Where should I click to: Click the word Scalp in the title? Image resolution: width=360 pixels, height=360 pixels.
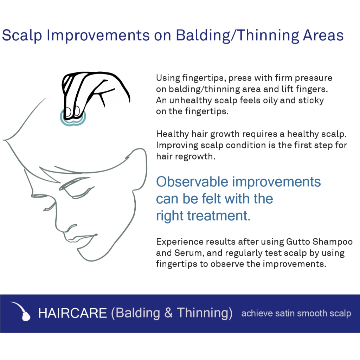(22, 36)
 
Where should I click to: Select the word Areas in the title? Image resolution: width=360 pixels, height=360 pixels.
(323, 36)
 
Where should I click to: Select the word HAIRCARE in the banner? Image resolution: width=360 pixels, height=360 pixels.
(72, 313)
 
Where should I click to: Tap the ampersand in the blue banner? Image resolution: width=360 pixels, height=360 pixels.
(168, 313)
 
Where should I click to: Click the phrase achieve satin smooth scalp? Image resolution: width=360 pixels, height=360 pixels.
(296, 313)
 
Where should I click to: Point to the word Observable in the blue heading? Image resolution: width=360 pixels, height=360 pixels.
(192, 182)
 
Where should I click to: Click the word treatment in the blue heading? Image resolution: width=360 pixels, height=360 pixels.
(219, 216)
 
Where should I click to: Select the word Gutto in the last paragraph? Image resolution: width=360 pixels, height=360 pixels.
(298, 242)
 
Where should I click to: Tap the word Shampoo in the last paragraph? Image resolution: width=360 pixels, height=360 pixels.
(333, 242)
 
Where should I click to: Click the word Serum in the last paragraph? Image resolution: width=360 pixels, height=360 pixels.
(189, 253)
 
